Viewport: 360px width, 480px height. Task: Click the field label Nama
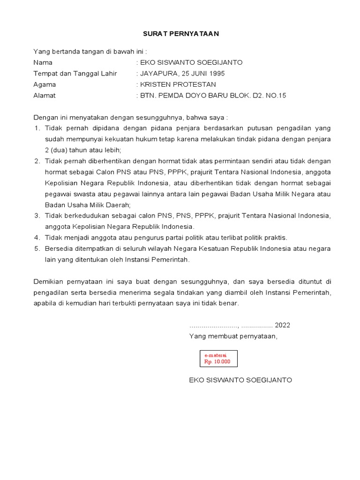pos(43,62)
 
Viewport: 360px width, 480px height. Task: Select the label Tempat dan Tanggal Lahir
pos(75,74)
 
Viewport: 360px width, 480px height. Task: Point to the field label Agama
pos(45,84)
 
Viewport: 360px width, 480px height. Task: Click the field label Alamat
pos(45,96)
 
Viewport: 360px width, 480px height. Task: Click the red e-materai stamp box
pos(218,359)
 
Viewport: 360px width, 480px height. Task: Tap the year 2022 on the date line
pos(283,325)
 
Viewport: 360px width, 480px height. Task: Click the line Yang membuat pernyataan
pos(233,336)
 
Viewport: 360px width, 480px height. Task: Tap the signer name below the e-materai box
pos(240,380)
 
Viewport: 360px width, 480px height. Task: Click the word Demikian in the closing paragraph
pos(49,281)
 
